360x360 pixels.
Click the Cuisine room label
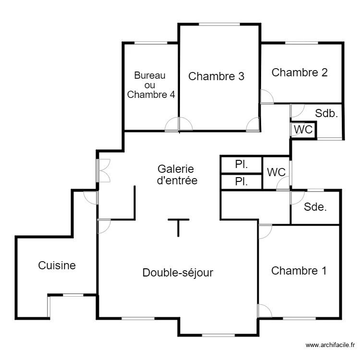point(57,265)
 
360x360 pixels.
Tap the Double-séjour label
point(178,273)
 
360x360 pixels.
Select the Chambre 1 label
point(299,271)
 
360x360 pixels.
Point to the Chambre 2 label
point(300,72)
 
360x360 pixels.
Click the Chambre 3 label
point(216,76)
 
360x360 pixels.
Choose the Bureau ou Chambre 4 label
point(150,85)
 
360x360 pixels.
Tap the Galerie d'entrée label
point(177,175)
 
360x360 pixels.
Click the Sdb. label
point(326,114)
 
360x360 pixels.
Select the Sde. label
point(315,207)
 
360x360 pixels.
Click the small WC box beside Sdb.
point(303,130)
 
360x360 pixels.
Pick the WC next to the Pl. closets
point(276,172)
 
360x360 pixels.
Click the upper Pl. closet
point(241,164)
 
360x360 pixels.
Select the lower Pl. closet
point(241,182)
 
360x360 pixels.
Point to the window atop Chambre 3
point(219,24)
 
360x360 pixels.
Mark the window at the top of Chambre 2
point(301,43)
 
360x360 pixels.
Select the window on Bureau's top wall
point(150,43)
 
